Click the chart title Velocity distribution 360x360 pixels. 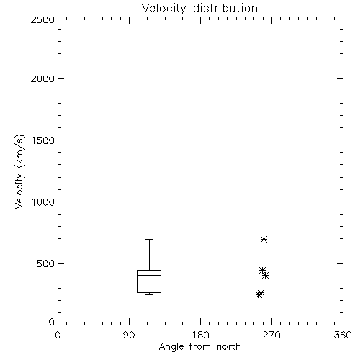pos(199,9)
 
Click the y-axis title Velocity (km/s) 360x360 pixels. pos(19,171)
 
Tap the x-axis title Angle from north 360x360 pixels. pos(200,347)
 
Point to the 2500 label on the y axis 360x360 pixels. pos(42,19)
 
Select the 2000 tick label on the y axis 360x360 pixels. pos(42,78)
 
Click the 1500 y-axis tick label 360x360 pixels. pos(43,140)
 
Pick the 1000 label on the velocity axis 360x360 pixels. pos(43,202)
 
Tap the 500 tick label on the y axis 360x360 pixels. pos(46,264)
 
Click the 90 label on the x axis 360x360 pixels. pos(129,335)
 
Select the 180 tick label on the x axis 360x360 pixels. pos(200,335)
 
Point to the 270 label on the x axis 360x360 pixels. pos(271,335)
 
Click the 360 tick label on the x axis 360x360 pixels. pos(343,335)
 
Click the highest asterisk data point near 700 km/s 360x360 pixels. pos(264,239)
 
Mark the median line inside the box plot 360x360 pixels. pos(149,275)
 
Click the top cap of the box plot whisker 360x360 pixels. pos(149,239)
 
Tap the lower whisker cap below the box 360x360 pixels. pos(149,294)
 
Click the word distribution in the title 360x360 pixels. pos(225,9)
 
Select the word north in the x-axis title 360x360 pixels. pos(229,347)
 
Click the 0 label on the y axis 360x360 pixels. pos(52,322)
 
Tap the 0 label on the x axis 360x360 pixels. pos(58,335)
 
